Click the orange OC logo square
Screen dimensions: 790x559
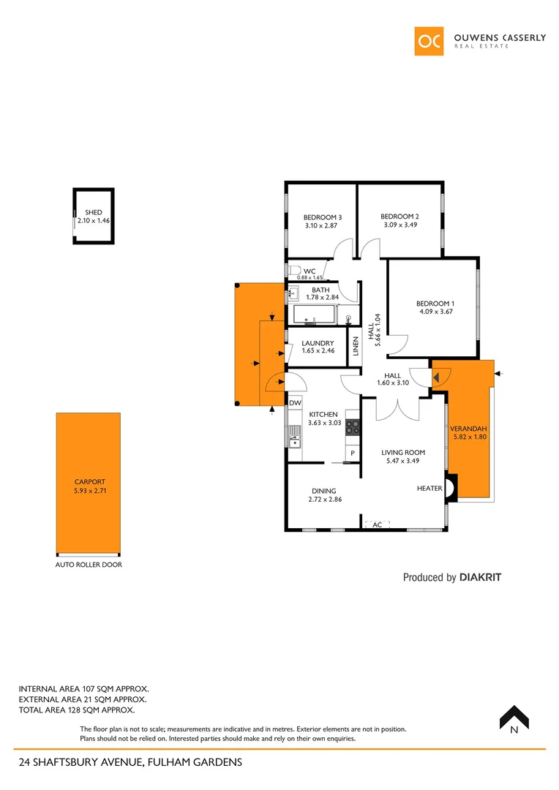click(x=429, y=42)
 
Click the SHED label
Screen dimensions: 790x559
click(x=94, y=212)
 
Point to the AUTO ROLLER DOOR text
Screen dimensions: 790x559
click(x=89, y=565)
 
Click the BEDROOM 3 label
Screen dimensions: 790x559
click(x=323, y=217)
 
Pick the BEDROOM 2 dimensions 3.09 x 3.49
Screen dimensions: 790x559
click(x=399, y=225)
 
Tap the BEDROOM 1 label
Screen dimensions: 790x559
click(x=435, y=304)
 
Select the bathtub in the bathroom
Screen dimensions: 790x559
click(x=314, y=315)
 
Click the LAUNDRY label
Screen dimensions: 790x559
click(x=318, y=343)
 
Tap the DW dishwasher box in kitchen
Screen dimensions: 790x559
click(x=295, y=403)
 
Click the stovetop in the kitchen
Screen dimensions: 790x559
click(x=352, y=426)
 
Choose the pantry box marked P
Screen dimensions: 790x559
click(x=352, y=454)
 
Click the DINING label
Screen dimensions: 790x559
click(x=323, y=491)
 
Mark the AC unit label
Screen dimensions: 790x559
click(x=378, y=525)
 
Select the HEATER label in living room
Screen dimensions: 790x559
click(x=429, y=489)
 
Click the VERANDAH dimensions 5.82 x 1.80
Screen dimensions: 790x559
click(x=468, y=437)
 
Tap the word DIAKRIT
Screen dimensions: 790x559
click(x=481, y=577)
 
